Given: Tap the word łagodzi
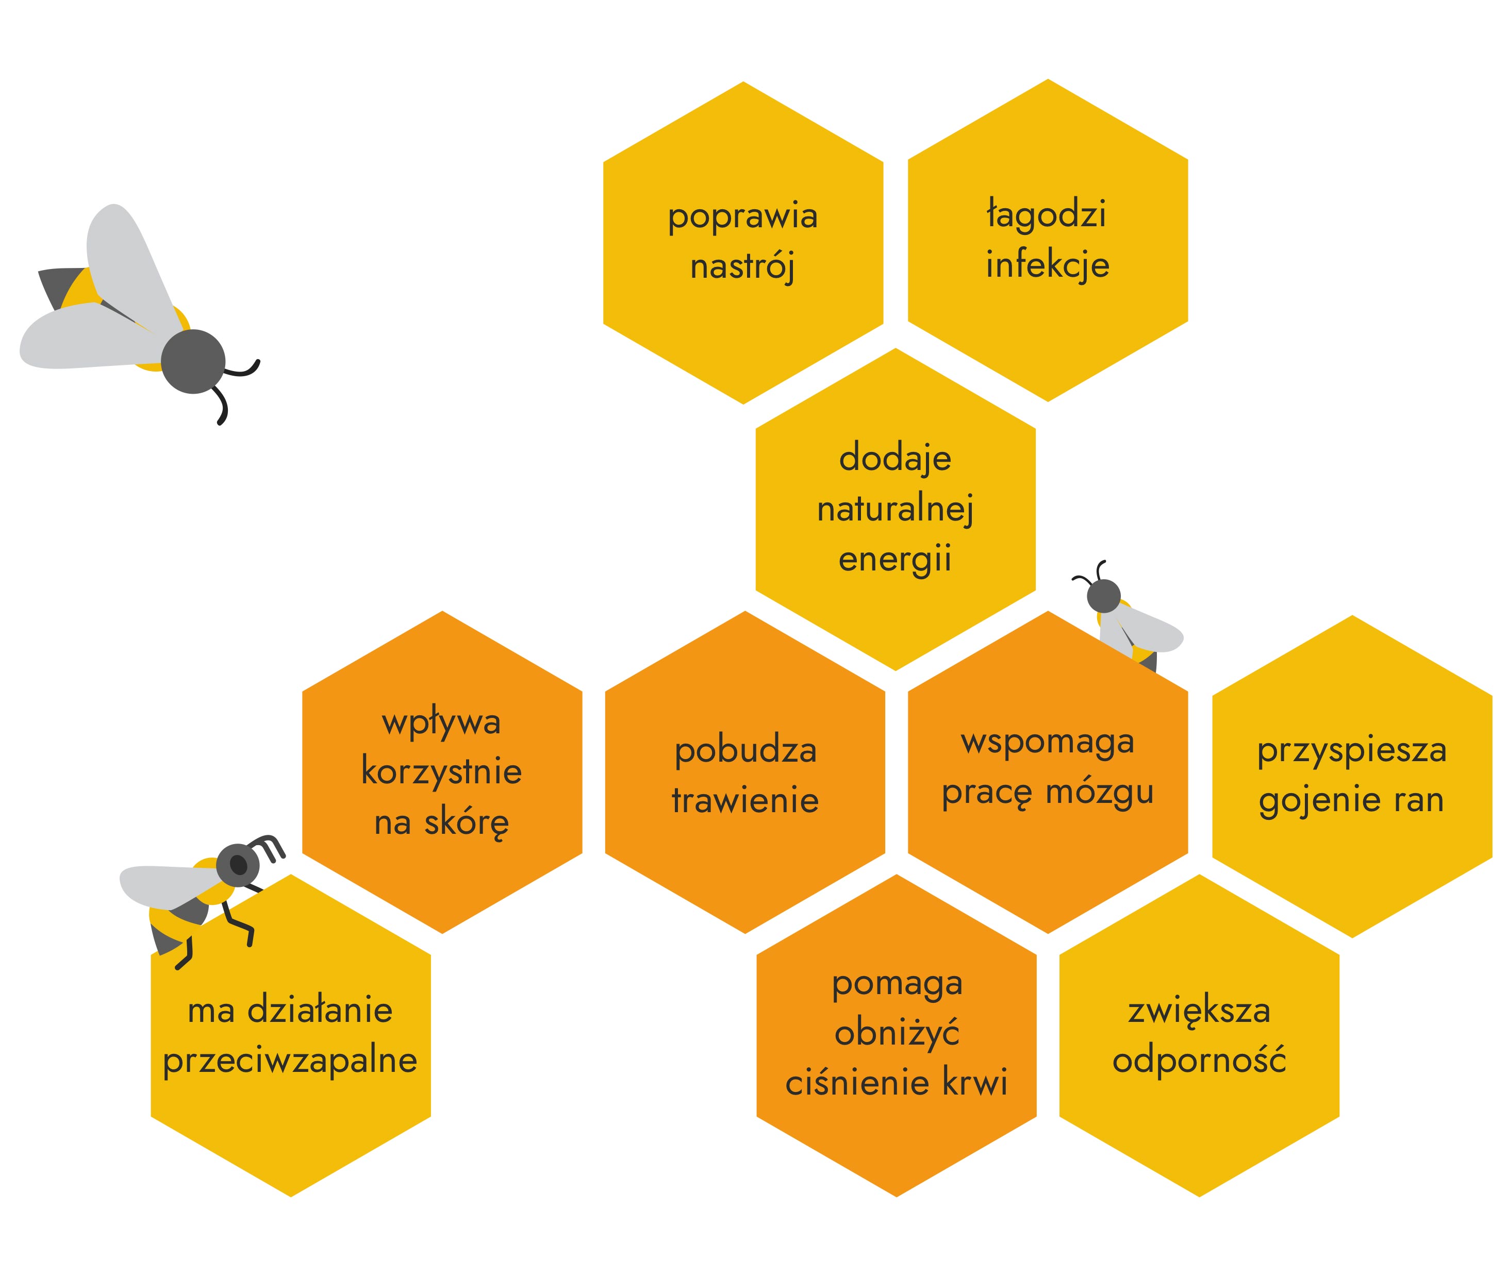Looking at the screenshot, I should tap(1047, 215).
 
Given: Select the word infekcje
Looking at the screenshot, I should tap(1047, 265).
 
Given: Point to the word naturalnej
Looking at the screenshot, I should tap(895, 509).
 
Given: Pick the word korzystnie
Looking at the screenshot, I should tap(442, 771).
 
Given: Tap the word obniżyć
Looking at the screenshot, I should tap(897, 1034).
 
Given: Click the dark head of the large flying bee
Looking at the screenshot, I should tap(193, 361).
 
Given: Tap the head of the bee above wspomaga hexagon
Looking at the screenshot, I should tap(1104, 596).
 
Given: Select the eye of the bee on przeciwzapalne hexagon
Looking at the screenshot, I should tap(238, 864).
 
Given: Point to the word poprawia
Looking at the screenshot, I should tap(742, 216).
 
